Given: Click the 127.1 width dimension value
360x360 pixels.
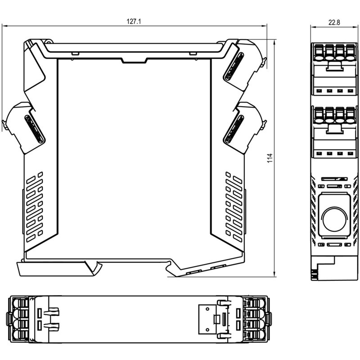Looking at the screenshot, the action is click(134, 22).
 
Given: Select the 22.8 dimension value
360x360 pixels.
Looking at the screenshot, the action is click(334, 22).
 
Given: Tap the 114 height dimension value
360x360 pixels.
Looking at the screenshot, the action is click(270, 158).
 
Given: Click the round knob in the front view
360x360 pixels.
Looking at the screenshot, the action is click(334, 219).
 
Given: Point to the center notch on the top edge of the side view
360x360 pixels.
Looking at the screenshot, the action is click(134, 60).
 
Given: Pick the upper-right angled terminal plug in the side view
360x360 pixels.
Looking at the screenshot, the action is click(244, 67).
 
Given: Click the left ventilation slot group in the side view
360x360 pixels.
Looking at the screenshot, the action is click(35, 207).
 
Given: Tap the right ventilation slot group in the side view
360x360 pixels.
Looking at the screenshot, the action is click(234, 207).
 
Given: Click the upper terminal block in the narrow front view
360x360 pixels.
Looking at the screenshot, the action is click(334, 69).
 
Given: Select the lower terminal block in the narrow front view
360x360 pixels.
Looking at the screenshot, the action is click(334, 132).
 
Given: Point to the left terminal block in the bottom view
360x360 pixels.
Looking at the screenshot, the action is click(19, 319).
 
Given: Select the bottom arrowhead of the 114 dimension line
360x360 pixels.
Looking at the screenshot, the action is click(274, 274).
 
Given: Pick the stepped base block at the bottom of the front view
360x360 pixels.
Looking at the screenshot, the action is click(334, 268).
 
